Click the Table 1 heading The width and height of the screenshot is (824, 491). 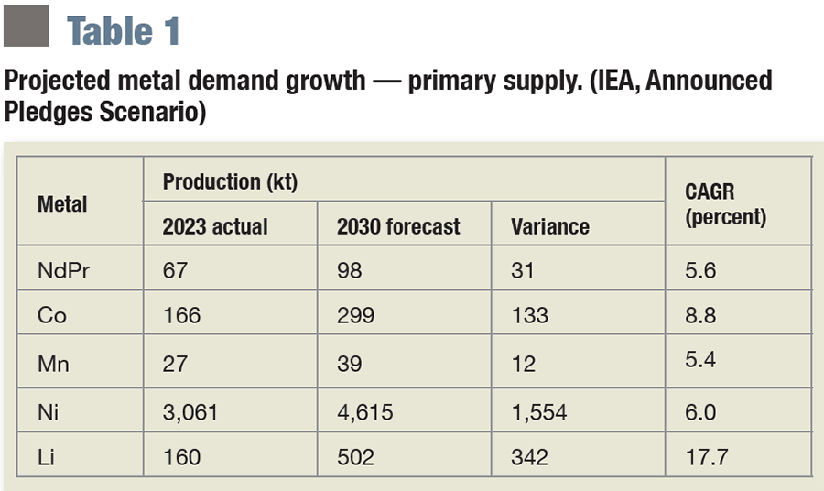click(123, 30)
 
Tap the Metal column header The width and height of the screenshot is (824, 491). click(62, 203)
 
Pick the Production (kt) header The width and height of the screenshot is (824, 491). click(230, 181)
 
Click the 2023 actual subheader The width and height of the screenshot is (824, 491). click(215, 226)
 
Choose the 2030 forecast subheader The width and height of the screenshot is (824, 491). click(398, 226)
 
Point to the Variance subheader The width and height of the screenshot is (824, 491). click(550, 226)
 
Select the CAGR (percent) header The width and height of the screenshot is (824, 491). click(725, 204)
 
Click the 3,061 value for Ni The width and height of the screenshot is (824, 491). click(190, 412)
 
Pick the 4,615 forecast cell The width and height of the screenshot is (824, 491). click(364, 412)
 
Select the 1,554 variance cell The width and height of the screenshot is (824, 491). click(539, 412)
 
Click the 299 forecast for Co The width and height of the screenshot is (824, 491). click(355, 315)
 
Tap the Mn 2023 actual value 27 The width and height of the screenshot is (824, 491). click(174, 364)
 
